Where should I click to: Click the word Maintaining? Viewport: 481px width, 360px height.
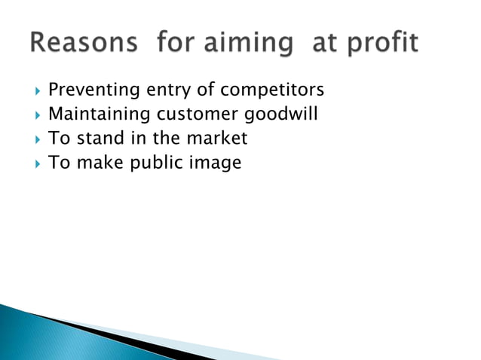(99, 115)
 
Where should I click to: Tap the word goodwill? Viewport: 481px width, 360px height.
(286, 115)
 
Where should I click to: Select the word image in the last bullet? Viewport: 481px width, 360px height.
(218, 163)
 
